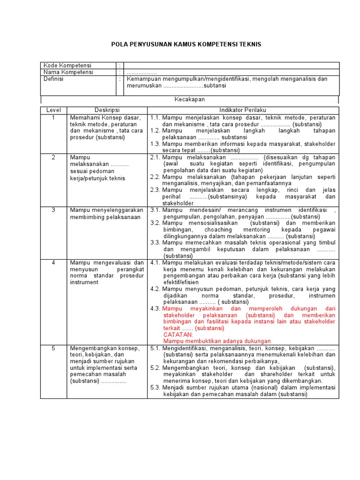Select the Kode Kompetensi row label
(x=67, y=66)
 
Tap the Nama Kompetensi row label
(x=68, y=72)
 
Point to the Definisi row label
(x=53, y=79)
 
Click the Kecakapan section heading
(x=189, y=99)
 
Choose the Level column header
(x=53, y=110)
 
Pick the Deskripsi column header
(x=107, y=110)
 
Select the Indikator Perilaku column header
(x=243, y=110)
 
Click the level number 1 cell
(x=53, y=117)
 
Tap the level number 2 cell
(x=53, y=157)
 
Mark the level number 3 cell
(x=53, y=210)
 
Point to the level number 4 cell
(x=53, y=263)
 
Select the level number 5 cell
(x=53, y=348)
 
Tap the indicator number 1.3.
(x=156, y=144)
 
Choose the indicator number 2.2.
(x=156, y=177)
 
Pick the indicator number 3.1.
(x=156, y=210)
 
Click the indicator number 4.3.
(x=156, y=309)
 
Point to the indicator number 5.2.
(x=156, y=368)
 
